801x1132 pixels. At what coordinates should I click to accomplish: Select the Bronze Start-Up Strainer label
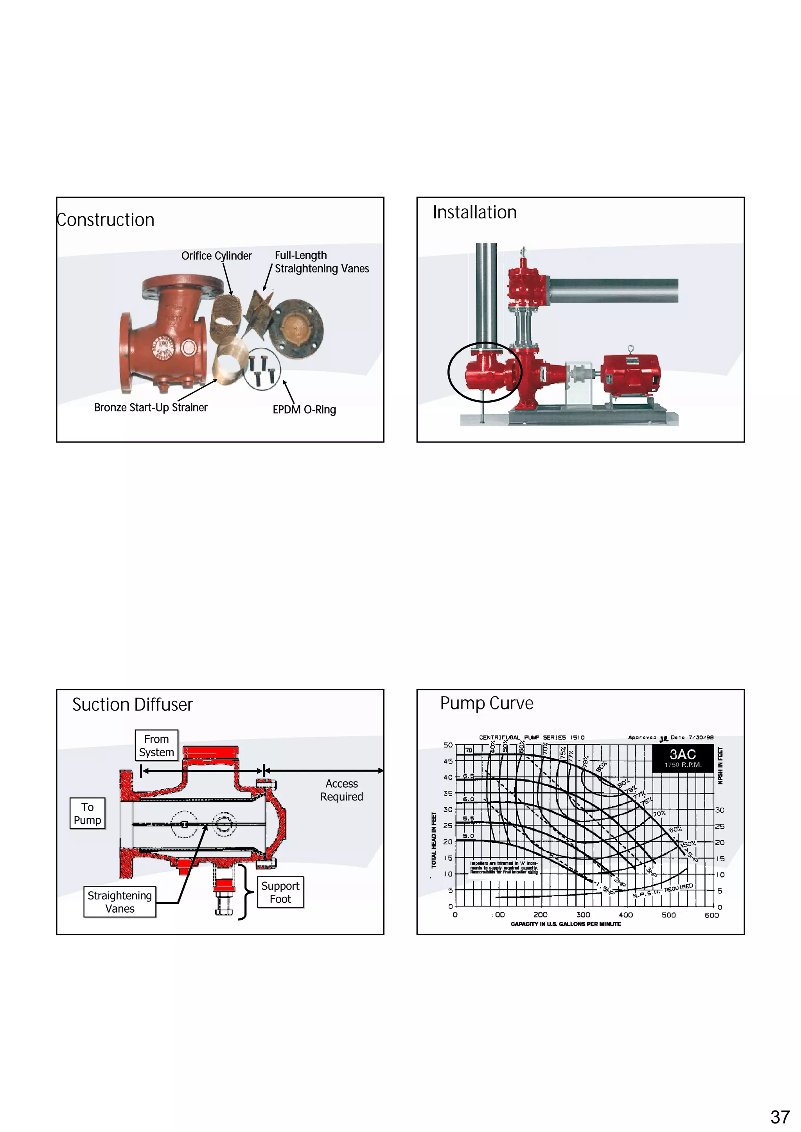151,408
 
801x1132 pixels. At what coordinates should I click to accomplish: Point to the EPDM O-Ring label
304,410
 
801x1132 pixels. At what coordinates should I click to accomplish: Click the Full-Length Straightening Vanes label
321,262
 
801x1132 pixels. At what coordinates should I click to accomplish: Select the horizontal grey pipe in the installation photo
613,290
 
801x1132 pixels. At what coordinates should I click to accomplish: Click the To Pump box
87,813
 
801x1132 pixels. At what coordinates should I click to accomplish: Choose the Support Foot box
280,892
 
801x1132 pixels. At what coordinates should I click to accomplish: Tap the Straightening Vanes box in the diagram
119,902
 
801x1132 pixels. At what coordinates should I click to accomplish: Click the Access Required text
341,790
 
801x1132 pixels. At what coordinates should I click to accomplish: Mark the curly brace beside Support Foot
245,892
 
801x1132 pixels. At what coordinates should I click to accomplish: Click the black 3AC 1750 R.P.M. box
682,758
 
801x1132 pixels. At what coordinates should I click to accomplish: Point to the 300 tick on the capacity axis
583,915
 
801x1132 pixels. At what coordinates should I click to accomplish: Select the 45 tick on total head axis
447,761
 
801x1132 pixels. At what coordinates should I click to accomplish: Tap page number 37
780,1117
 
